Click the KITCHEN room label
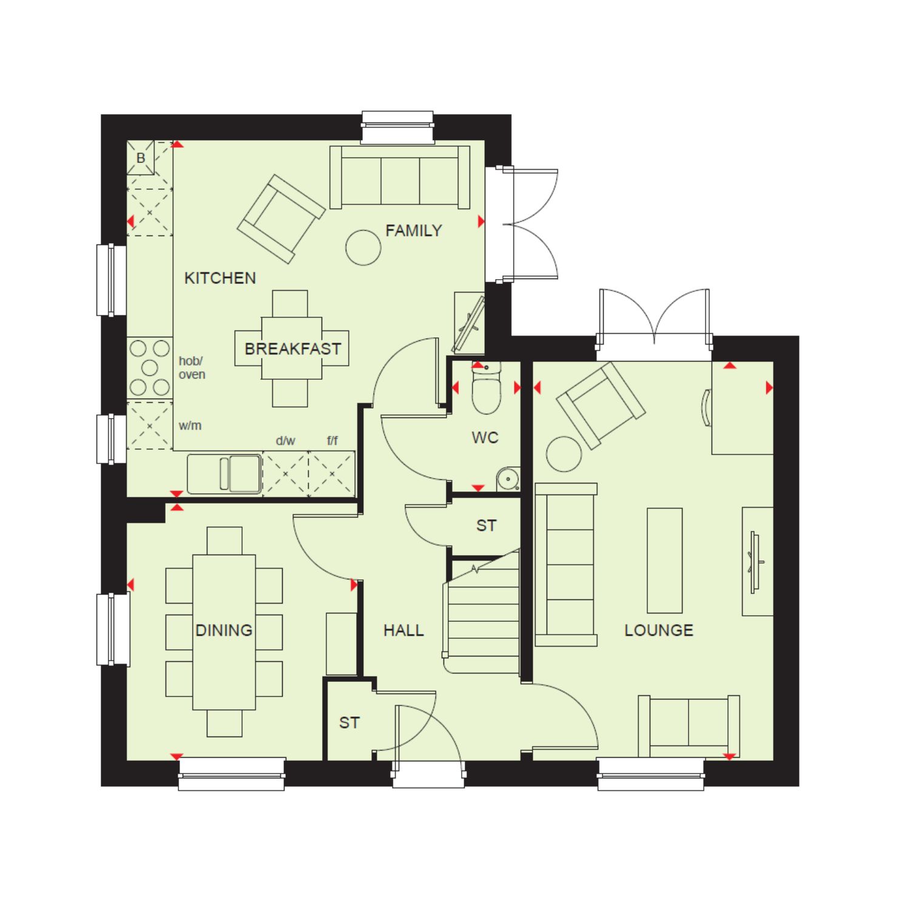(220, 278)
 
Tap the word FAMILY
(414, 231)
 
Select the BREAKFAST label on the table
(292, 349)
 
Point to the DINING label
(224, 630)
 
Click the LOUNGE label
(659, 630)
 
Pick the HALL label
(403, 631)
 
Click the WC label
(485, 437)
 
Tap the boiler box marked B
(141, 158)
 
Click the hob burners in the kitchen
(150, 368)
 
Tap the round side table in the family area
(363, 248)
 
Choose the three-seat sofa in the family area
(400, 177)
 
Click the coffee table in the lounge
(665, 561)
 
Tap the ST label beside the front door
(349, 723)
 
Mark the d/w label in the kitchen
(285, 441)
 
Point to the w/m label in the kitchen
(190, 426)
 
